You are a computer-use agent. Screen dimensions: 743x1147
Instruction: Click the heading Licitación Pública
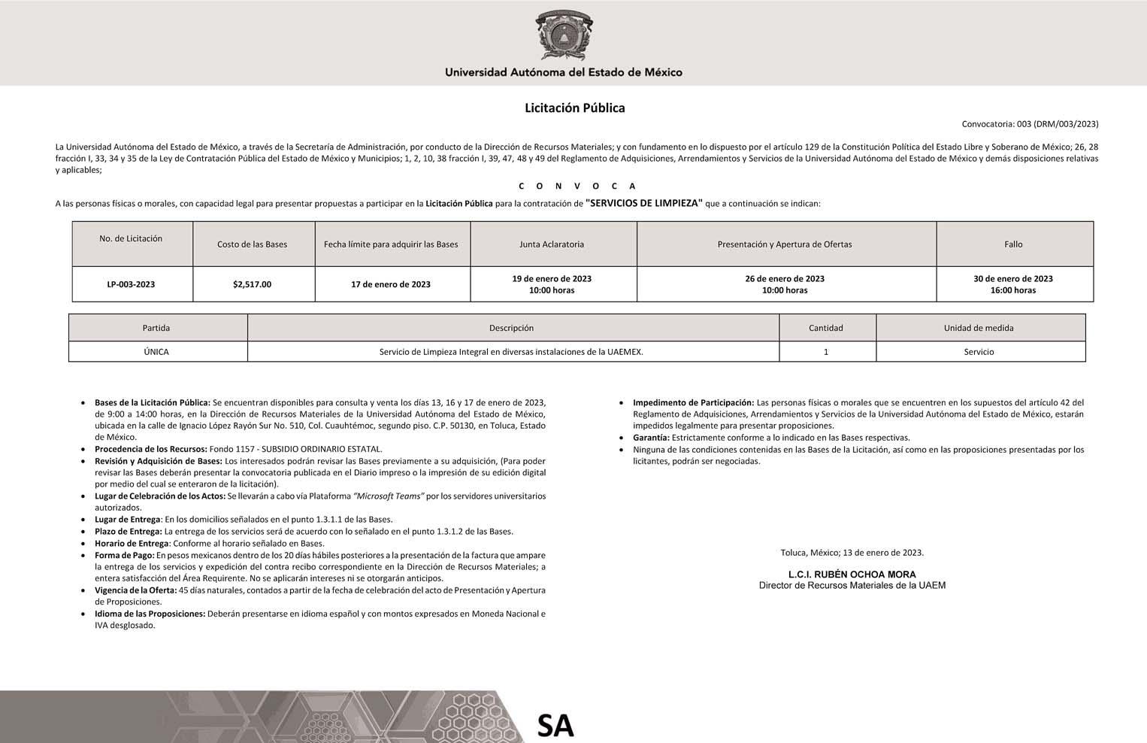[x=574, y=108]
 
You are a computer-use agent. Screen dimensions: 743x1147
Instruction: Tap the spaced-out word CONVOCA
[x=577, y=186]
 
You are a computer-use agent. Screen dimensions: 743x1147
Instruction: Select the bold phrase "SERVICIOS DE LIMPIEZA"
[x=643, y=203]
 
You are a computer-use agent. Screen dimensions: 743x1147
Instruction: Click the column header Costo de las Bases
[x=252, y=244]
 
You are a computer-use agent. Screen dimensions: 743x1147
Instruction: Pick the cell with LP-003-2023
[x=131, y=284]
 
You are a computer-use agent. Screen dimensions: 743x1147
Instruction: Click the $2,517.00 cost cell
[x=252, y=284]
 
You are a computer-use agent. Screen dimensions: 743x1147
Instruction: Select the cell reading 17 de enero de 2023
[x=391, y=284]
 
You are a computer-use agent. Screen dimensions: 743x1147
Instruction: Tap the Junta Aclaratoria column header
[x=552, y=244]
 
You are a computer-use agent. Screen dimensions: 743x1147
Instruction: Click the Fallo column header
[x=1013, y=244]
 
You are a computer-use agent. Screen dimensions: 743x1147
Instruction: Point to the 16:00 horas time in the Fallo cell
[x=1013, y=290]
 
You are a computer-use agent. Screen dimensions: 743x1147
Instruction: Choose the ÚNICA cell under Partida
[x=156, y=352]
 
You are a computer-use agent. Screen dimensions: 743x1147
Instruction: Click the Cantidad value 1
[x=826, y=352]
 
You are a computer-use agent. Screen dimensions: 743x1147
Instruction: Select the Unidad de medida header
[x=979, y=328]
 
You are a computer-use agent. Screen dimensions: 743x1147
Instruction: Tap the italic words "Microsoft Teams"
[x=389, y=496]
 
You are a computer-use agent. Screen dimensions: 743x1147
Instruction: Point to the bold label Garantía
[x=651, y=438]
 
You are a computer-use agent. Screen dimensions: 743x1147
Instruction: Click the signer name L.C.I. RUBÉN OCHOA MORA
[x=852, y=575]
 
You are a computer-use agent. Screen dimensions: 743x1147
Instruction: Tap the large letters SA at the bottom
[x=555, y=725]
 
